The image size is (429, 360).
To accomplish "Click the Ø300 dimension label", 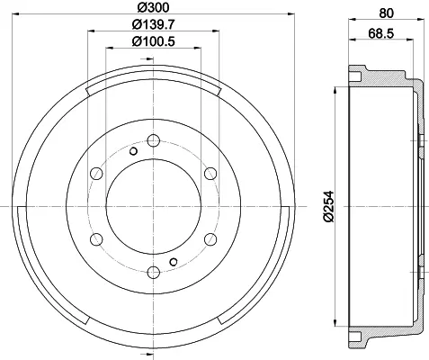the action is (x=153, y=7).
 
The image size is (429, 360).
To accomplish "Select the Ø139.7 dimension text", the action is (x=153, y=24).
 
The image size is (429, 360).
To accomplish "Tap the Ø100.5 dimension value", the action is (x=153, y=41).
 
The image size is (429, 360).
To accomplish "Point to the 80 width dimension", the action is (x=386, y=13).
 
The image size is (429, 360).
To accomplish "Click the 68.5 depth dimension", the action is (x=381, y=33).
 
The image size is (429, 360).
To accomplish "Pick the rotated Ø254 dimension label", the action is (x=329, y=206).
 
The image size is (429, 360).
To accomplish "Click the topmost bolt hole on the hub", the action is (x=154, y=140).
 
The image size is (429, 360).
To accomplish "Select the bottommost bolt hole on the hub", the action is (x=154, y=273).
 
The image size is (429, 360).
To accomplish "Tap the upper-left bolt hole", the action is (x=96, y=174).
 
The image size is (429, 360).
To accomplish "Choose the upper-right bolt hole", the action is (x=210, y=174).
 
